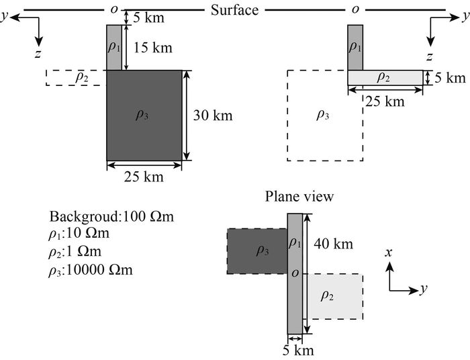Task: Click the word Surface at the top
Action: (x=234, y=9)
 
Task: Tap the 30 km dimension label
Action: (x=213, y=116)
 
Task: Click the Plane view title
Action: (x=299, y=197)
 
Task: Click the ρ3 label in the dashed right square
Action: (x=322, y=115)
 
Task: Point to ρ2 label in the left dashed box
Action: (x=81, y=78)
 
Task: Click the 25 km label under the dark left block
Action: (x=144, y=177)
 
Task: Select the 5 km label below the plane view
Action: (x=298, y=350)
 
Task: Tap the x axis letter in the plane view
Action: (x=388, y=253)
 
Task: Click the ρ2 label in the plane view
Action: (x=327, y=296)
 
